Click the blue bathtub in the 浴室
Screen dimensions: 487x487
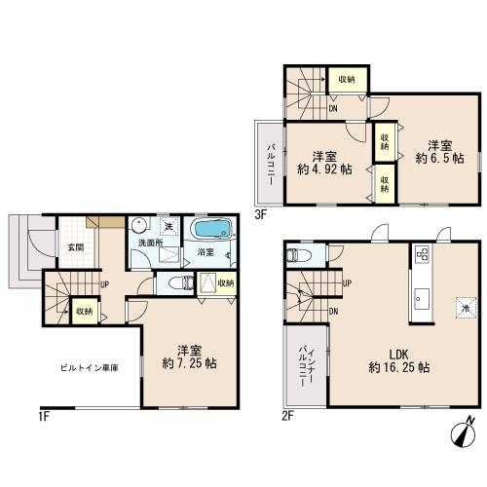point(211,229)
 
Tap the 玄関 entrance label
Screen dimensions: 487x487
point(76,247)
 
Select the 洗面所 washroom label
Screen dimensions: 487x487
point(150,243)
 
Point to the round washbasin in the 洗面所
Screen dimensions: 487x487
point(140,225)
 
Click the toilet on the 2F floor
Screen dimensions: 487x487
point(298,255)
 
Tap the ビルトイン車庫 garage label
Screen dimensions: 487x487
point(90,368)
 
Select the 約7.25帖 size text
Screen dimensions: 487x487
point(190,363)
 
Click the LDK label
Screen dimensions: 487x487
point(399,355)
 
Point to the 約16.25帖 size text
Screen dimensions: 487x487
point(399,368)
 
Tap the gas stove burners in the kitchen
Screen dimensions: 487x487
point(423,253)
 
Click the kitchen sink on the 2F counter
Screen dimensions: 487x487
point(422,299)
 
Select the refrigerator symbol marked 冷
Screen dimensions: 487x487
point(466,308)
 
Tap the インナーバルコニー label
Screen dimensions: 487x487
point(306,366)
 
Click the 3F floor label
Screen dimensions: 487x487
point(260,214)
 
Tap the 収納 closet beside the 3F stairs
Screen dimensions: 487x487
point(347,79)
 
